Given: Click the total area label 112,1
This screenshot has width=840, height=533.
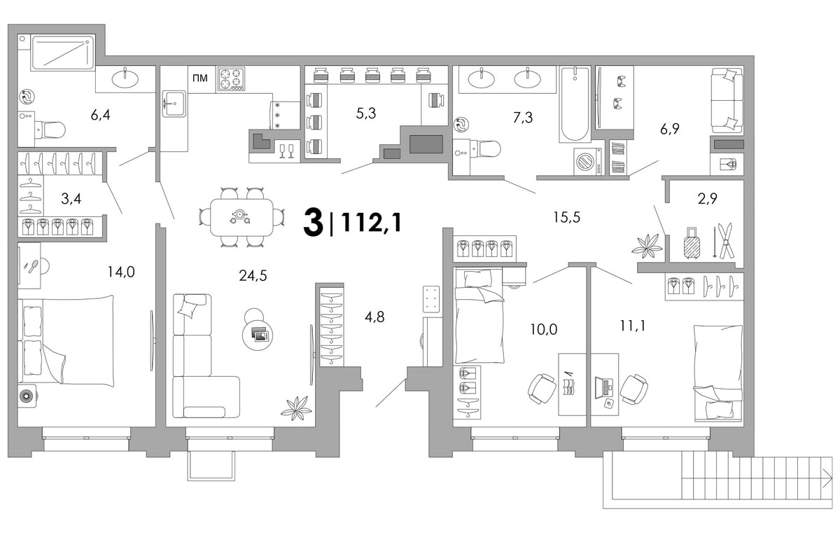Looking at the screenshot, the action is coord(371,223).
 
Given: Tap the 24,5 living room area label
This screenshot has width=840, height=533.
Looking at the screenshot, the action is coord(253,276).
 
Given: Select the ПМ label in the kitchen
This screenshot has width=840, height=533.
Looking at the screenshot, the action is coord(200,78).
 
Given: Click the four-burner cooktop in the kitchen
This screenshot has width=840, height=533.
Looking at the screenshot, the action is coord(230,79).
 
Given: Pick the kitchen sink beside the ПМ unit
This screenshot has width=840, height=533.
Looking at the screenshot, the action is coord(174,103).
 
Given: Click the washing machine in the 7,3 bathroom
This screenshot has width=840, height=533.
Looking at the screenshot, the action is coord(588,162).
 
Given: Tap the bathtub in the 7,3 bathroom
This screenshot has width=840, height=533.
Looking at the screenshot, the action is coord(575,104).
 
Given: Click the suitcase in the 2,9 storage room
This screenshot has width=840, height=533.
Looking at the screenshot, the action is coord(692,243).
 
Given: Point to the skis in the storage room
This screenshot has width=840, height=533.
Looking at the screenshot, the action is coord(724,241).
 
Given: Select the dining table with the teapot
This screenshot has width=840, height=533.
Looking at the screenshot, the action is coord(241,218).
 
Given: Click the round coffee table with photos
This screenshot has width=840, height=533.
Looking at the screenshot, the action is coord(258,334).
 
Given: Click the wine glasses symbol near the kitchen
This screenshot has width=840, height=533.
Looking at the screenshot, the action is coord(287,151).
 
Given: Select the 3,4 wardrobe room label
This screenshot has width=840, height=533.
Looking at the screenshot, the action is coord(71,198).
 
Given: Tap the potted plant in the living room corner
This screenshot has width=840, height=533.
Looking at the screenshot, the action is coord(296,408).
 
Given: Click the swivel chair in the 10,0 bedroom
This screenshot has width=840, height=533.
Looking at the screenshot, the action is coord(542,389).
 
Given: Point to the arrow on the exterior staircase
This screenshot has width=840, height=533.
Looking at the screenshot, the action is coord(828,478).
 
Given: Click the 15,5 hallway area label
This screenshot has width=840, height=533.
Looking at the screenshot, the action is coord(566,217).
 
